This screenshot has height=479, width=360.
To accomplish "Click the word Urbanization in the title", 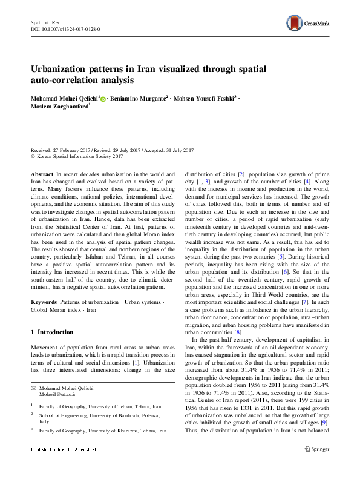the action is pyautogui.click(x=64, y=68).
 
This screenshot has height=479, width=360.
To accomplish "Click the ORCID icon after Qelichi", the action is pyautogui.click(x=103, y=98).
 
